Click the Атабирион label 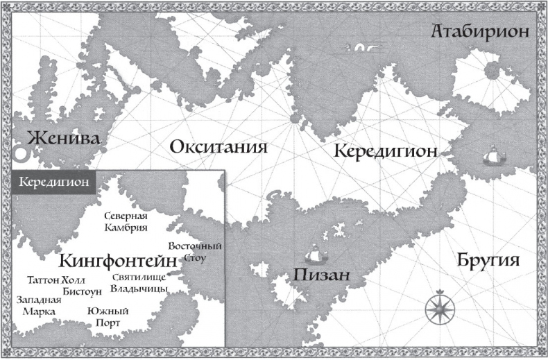[479, 32]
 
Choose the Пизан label [320, 275]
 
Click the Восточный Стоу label [194, 252]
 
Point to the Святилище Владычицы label [139, 283]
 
